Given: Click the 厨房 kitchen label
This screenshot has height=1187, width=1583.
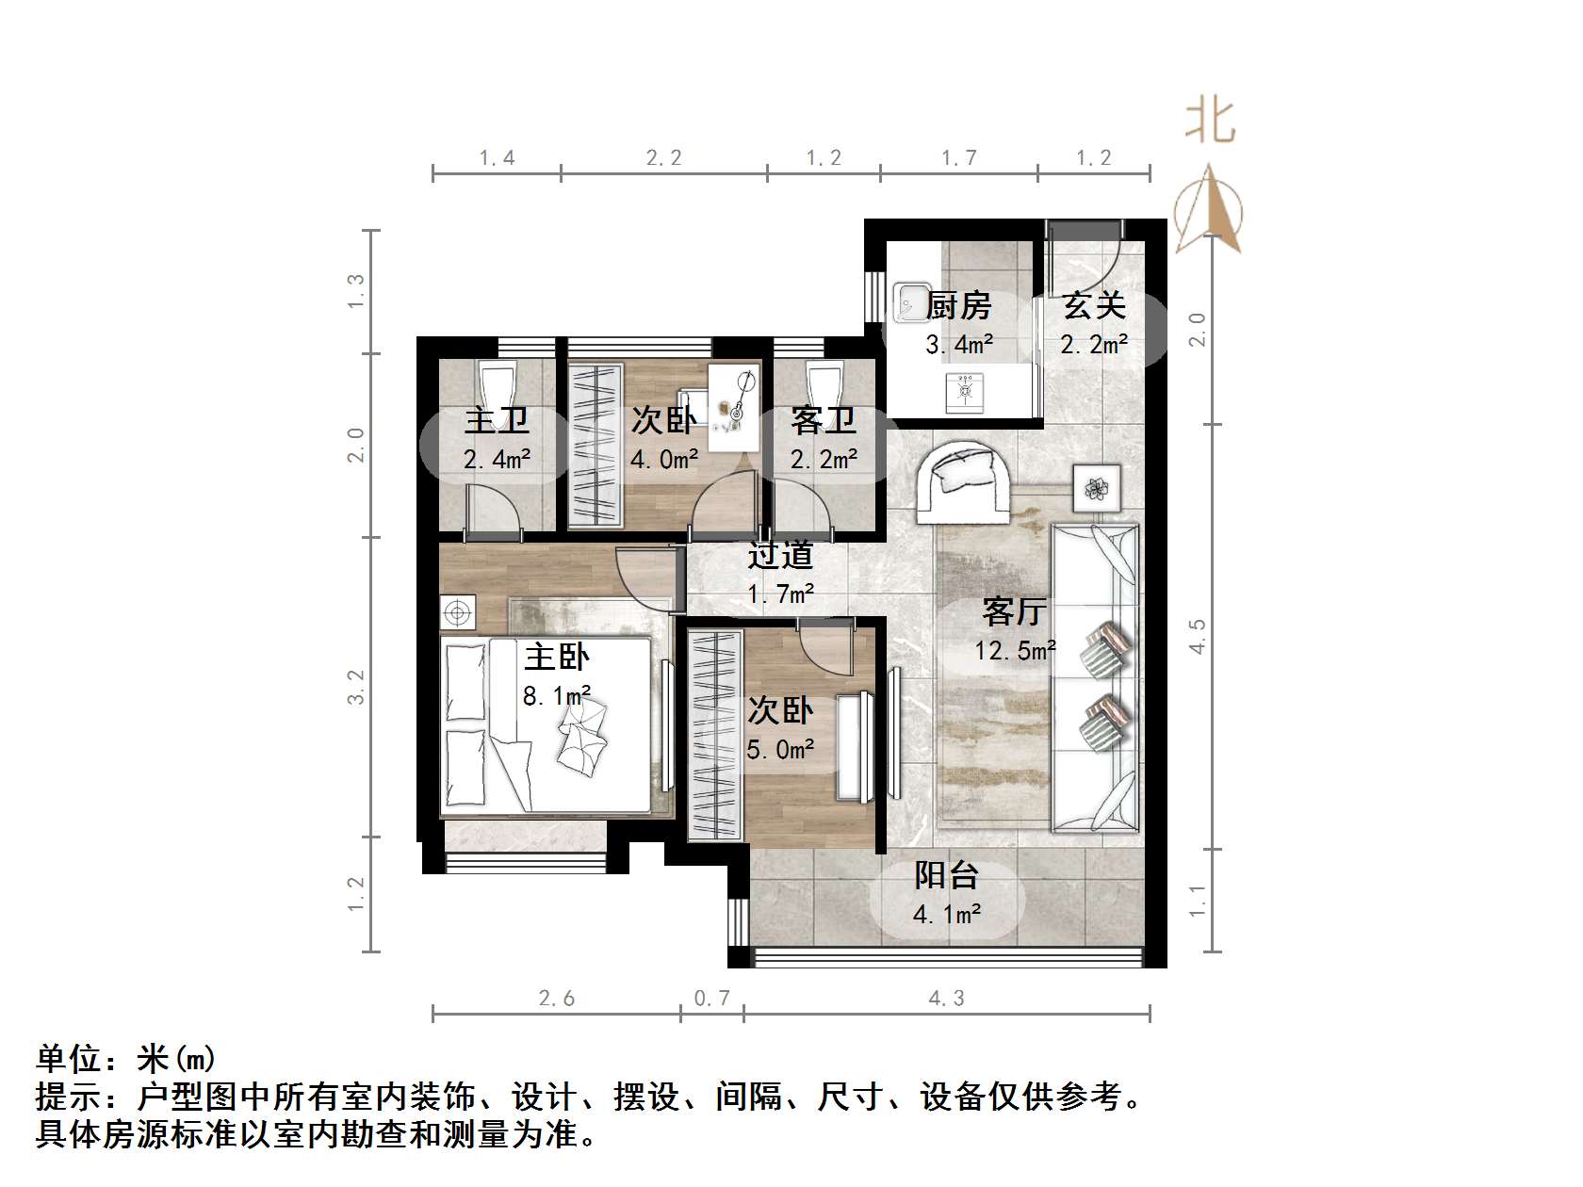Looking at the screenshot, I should coord(958,306).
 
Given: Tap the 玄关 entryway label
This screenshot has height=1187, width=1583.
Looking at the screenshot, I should coord(1094,306).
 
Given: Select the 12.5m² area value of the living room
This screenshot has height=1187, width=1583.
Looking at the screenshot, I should coord(1015,650).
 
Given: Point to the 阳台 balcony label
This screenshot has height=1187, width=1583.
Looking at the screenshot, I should coord(947,875).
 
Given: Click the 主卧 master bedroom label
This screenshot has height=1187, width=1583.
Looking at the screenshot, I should coord(557,657).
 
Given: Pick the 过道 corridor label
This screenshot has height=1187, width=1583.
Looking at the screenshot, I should coord(780,556).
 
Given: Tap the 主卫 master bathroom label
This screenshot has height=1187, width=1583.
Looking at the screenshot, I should coord(497,420).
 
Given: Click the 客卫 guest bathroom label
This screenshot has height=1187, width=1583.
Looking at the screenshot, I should coord(824,420).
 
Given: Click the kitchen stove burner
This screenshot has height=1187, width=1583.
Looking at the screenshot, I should coord(965,392).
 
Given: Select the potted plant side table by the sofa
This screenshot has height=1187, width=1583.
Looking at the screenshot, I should coord(1098,488).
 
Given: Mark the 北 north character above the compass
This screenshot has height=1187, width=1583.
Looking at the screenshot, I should coord(1210,122).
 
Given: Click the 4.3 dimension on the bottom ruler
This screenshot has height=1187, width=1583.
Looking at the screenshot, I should coord(947,999).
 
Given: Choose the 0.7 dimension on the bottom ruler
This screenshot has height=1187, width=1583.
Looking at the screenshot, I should coord(712,999).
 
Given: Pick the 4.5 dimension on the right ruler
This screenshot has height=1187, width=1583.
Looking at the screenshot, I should coord(1198,636).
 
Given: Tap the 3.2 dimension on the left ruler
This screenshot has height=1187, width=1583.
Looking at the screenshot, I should coord(355,687).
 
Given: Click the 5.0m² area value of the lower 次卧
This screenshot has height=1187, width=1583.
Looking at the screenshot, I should coord(780,750).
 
